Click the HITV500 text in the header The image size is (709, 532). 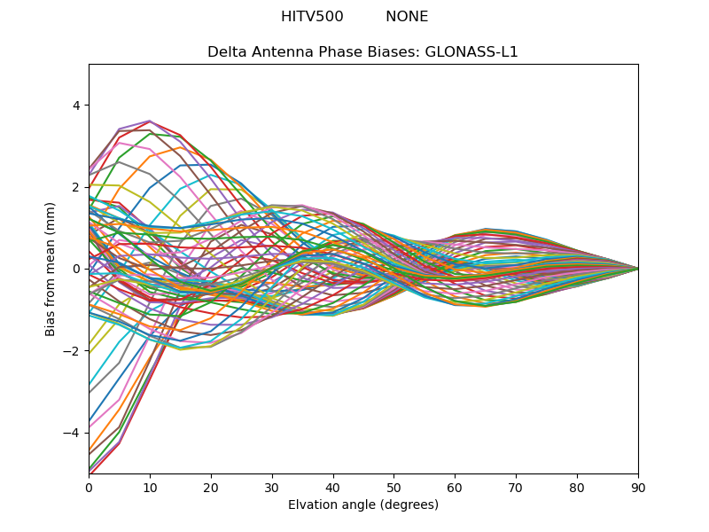pyautogui.click(x=312, y=17)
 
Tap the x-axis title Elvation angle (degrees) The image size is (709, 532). pyautogui.click(x=363, y=505)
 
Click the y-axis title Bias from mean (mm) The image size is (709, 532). pyautogui.click(x=51, y=269)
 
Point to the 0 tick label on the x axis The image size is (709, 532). pyautogui.click(x=89, y=487)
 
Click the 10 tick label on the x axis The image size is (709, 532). pyautogui.click(x=150, y=487)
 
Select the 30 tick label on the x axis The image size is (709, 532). pyautogui.click(x=272, y=487)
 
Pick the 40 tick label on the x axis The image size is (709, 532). pyautogui.click(x=333, y=487)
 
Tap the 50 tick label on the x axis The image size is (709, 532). pyautogui.click(x=393, y=487)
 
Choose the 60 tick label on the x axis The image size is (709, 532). pyautogui.click(x=455, y=487)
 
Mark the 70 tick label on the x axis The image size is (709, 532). pyautogui.click(x=516, y=487)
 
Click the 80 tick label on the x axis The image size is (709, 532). pyautogui.click(x=577, y=487)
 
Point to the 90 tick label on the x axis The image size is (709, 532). pyautogui.click(x=638, y=487)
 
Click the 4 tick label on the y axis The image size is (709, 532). pyautogui.click(x=75, y=106)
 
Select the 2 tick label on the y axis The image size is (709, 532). pyautogui.click(x=75, y=187)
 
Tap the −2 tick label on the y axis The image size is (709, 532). pyautogui.click(x=73, y=351)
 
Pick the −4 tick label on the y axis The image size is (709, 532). pyautogui.click(x=73, y=433)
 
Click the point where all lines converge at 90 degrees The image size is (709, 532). pyautogui.click(x=638, y=269)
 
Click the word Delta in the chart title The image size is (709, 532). pyautogui.click(x=226, y=52)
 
